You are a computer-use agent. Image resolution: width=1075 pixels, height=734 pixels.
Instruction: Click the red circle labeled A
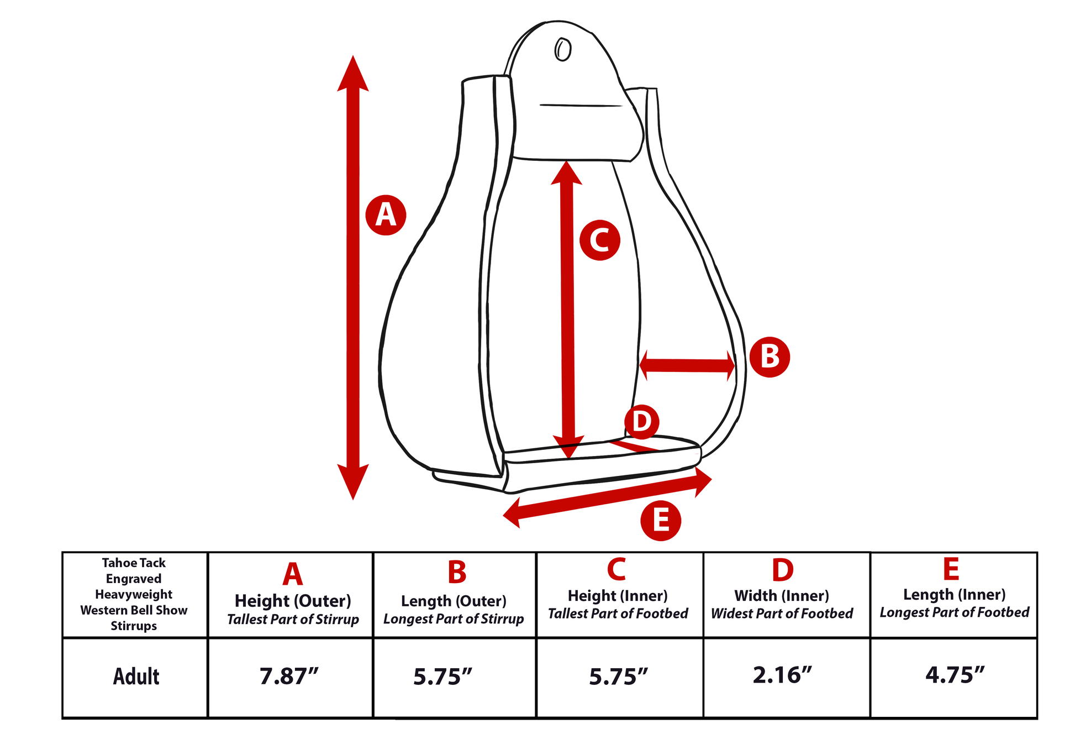click(x=386, y=215)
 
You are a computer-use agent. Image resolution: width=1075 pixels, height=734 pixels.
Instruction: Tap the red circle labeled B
click(x=770, y=356)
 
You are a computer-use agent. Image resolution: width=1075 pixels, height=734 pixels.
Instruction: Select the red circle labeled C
click(x=599, y=240)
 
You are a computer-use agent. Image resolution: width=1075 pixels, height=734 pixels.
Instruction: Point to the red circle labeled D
click(x=641, y=422)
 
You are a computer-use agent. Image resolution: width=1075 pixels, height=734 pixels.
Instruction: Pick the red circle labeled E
click(x=661, y=521)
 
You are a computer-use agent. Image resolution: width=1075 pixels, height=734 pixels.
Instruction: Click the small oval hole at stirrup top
click(x=562, y=50)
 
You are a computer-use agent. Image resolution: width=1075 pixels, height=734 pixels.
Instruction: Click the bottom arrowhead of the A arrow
click(x=353, y=481)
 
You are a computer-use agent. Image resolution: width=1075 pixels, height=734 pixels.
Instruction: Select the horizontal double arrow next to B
click(x=687, y=365)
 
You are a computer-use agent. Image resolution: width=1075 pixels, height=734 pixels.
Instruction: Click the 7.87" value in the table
click(x=289, y=676)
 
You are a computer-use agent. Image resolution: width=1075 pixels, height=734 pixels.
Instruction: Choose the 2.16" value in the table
click(x=782, y=675)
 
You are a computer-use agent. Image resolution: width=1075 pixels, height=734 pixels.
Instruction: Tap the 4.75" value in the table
click(x=955, y=675)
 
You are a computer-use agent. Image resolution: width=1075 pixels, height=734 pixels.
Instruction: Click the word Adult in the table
click(x=136, y=677)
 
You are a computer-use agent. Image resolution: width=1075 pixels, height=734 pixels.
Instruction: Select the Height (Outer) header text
click(x=293, y=601)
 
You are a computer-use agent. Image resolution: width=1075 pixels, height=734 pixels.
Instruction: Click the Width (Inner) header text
click(x=781, y=595)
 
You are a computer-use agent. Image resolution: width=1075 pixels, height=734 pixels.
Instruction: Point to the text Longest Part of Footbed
click(x=954, y=612)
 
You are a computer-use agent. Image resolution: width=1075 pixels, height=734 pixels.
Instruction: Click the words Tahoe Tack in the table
click(x=134, y=563)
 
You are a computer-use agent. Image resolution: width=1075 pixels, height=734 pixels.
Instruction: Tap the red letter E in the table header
click(x=951, y=569)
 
